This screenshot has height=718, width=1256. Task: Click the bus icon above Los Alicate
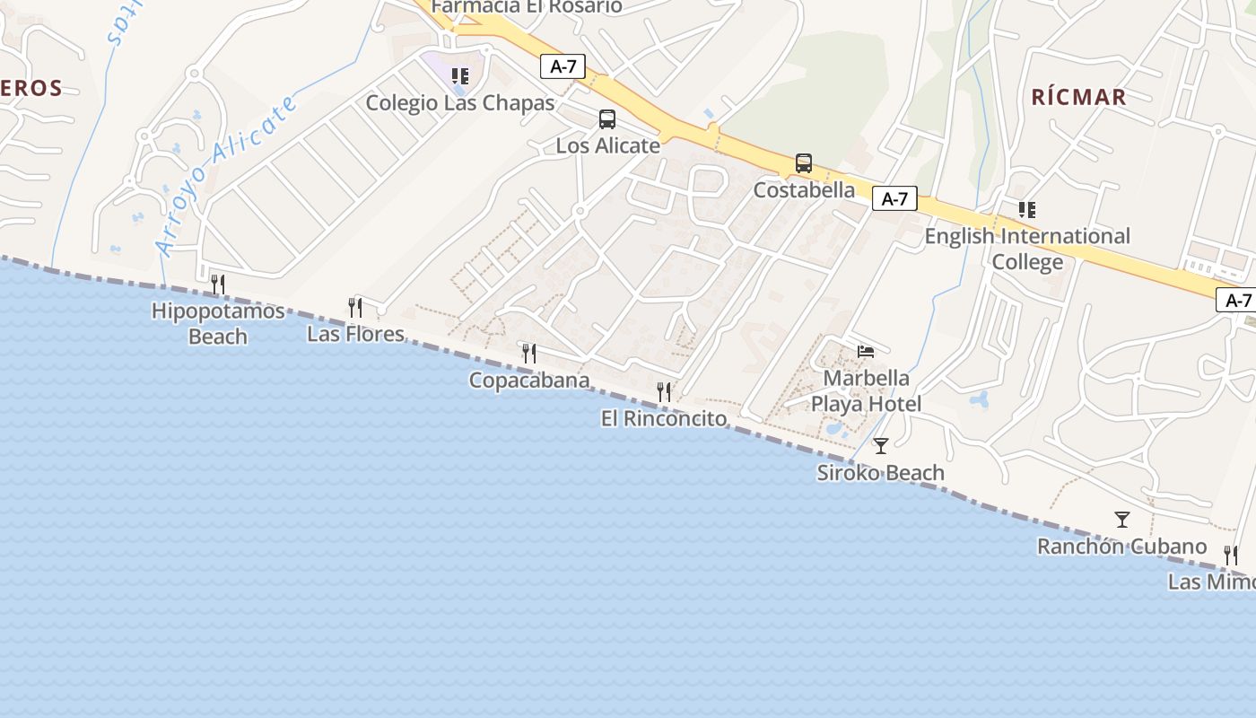607,119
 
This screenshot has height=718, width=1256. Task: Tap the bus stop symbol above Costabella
804,163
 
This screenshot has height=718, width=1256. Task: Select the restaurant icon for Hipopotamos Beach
217,285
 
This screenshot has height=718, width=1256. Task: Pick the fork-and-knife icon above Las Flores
355,308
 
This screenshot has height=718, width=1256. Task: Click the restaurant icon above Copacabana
529,353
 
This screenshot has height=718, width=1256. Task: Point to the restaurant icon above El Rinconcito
664,391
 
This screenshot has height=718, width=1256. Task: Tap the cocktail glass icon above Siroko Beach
881,445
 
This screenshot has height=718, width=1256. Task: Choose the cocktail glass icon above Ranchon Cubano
1121,519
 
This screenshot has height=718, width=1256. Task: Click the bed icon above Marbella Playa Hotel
866,351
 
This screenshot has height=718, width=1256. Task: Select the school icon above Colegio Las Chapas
460,76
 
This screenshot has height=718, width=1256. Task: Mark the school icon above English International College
1027,210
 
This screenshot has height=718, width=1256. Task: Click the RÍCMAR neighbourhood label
1078,97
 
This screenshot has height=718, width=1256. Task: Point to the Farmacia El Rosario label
527,6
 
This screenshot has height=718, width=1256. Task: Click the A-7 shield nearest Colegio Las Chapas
563,66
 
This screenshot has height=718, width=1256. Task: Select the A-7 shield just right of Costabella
894,199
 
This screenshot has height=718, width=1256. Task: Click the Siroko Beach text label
880,472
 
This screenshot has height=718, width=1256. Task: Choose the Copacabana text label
529,381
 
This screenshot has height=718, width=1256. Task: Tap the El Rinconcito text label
664,418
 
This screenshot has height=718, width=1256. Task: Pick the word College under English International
1027,262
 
